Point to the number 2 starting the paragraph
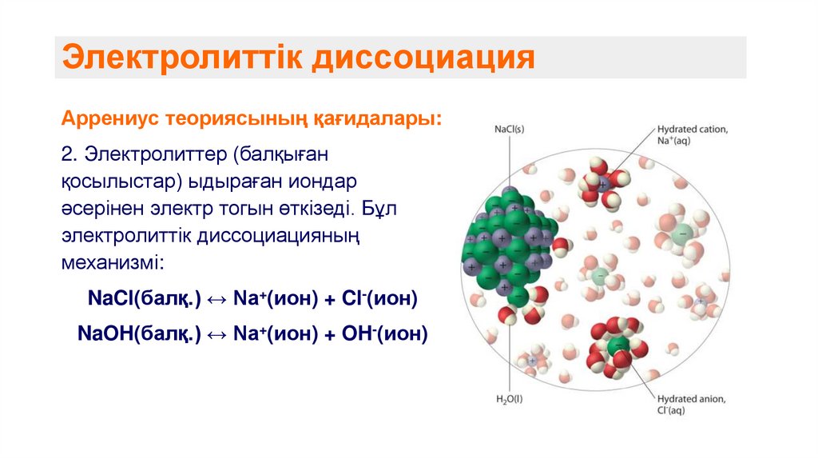pos(66,152)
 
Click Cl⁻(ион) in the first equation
pos(380,298)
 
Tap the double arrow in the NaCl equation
pos(217,299)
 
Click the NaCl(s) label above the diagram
pos(509,129)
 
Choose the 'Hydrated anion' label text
pos(691,399)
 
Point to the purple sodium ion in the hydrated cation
pos(604,182)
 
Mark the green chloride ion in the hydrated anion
pos(616,347)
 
